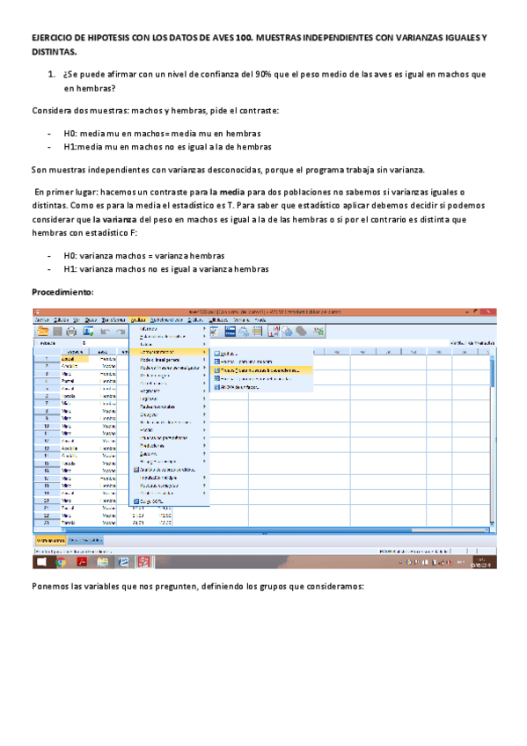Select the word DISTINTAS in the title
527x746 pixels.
point(51,53)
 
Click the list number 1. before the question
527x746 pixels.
point(52,75)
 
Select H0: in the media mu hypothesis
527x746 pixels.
point(71,131)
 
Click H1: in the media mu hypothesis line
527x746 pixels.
point(71,146)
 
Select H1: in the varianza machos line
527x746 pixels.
point(71,268)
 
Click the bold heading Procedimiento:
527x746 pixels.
point(62,290)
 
